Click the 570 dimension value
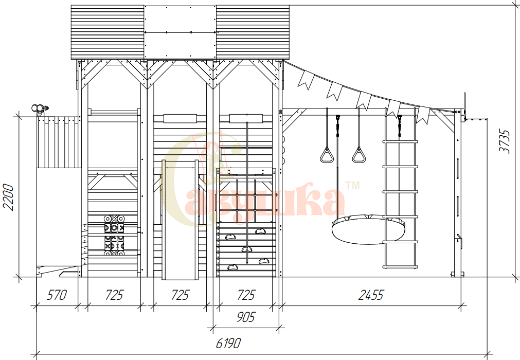point(57,295)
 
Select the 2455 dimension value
point(371,295)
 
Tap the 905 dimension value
point(246,317)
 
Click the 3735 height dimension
point(505,141)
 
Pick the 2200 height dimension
point(8,197)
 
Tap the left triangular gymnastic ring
point(327,155)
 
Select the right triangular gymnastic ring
point(359,155)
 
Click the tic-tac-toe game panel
point(114,236)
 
